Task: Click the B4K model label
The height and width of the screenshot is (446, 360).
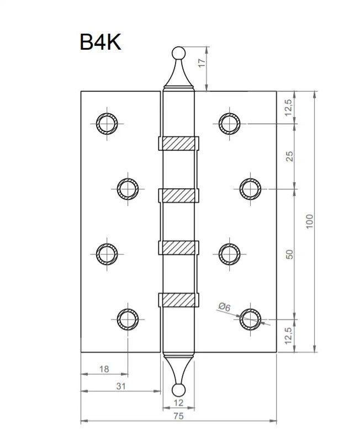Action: [x=100, y=43]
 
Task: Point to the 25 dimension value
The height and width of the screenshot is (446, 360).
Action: [x=289, y=156]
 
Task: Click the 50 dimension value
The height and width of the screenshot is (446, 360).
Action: [x=289, y=254]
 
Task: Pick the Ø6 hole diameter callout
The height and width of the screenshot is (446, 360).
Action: [x=224, y=306]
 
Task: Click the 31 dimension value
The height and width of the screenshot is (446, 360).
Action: [x=121, y=386]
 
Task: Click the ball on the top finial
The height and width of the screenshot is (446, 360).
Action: [x=178, y=53]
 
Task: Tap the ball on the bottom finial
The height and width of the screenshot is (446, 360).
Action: [x=178, y=390]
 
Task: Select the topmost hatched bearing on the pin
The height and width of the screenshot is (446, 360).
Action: [x=178, y=143]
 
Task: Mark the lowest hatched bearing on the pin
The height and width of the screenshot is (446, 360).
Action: [x=178, y=299]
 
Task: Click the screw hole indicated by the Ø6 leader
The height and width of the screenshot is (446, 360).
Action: [x=250, y=318]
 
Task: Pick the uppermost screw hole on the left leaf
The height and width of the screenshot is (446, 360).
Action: [x=107, y=123]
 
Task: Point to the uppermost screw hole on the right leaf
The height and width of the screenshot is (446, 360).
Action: [x=229, y=123]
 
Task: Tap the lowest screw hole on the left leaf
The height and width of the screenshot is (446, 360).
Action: [x=128, y=318]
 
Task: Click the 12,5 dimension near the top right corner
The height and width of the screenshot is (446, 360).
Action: [x=289, y=107]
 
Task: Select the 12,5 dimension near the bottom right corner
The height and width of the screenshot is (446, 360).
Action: [x=289, y=336]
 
